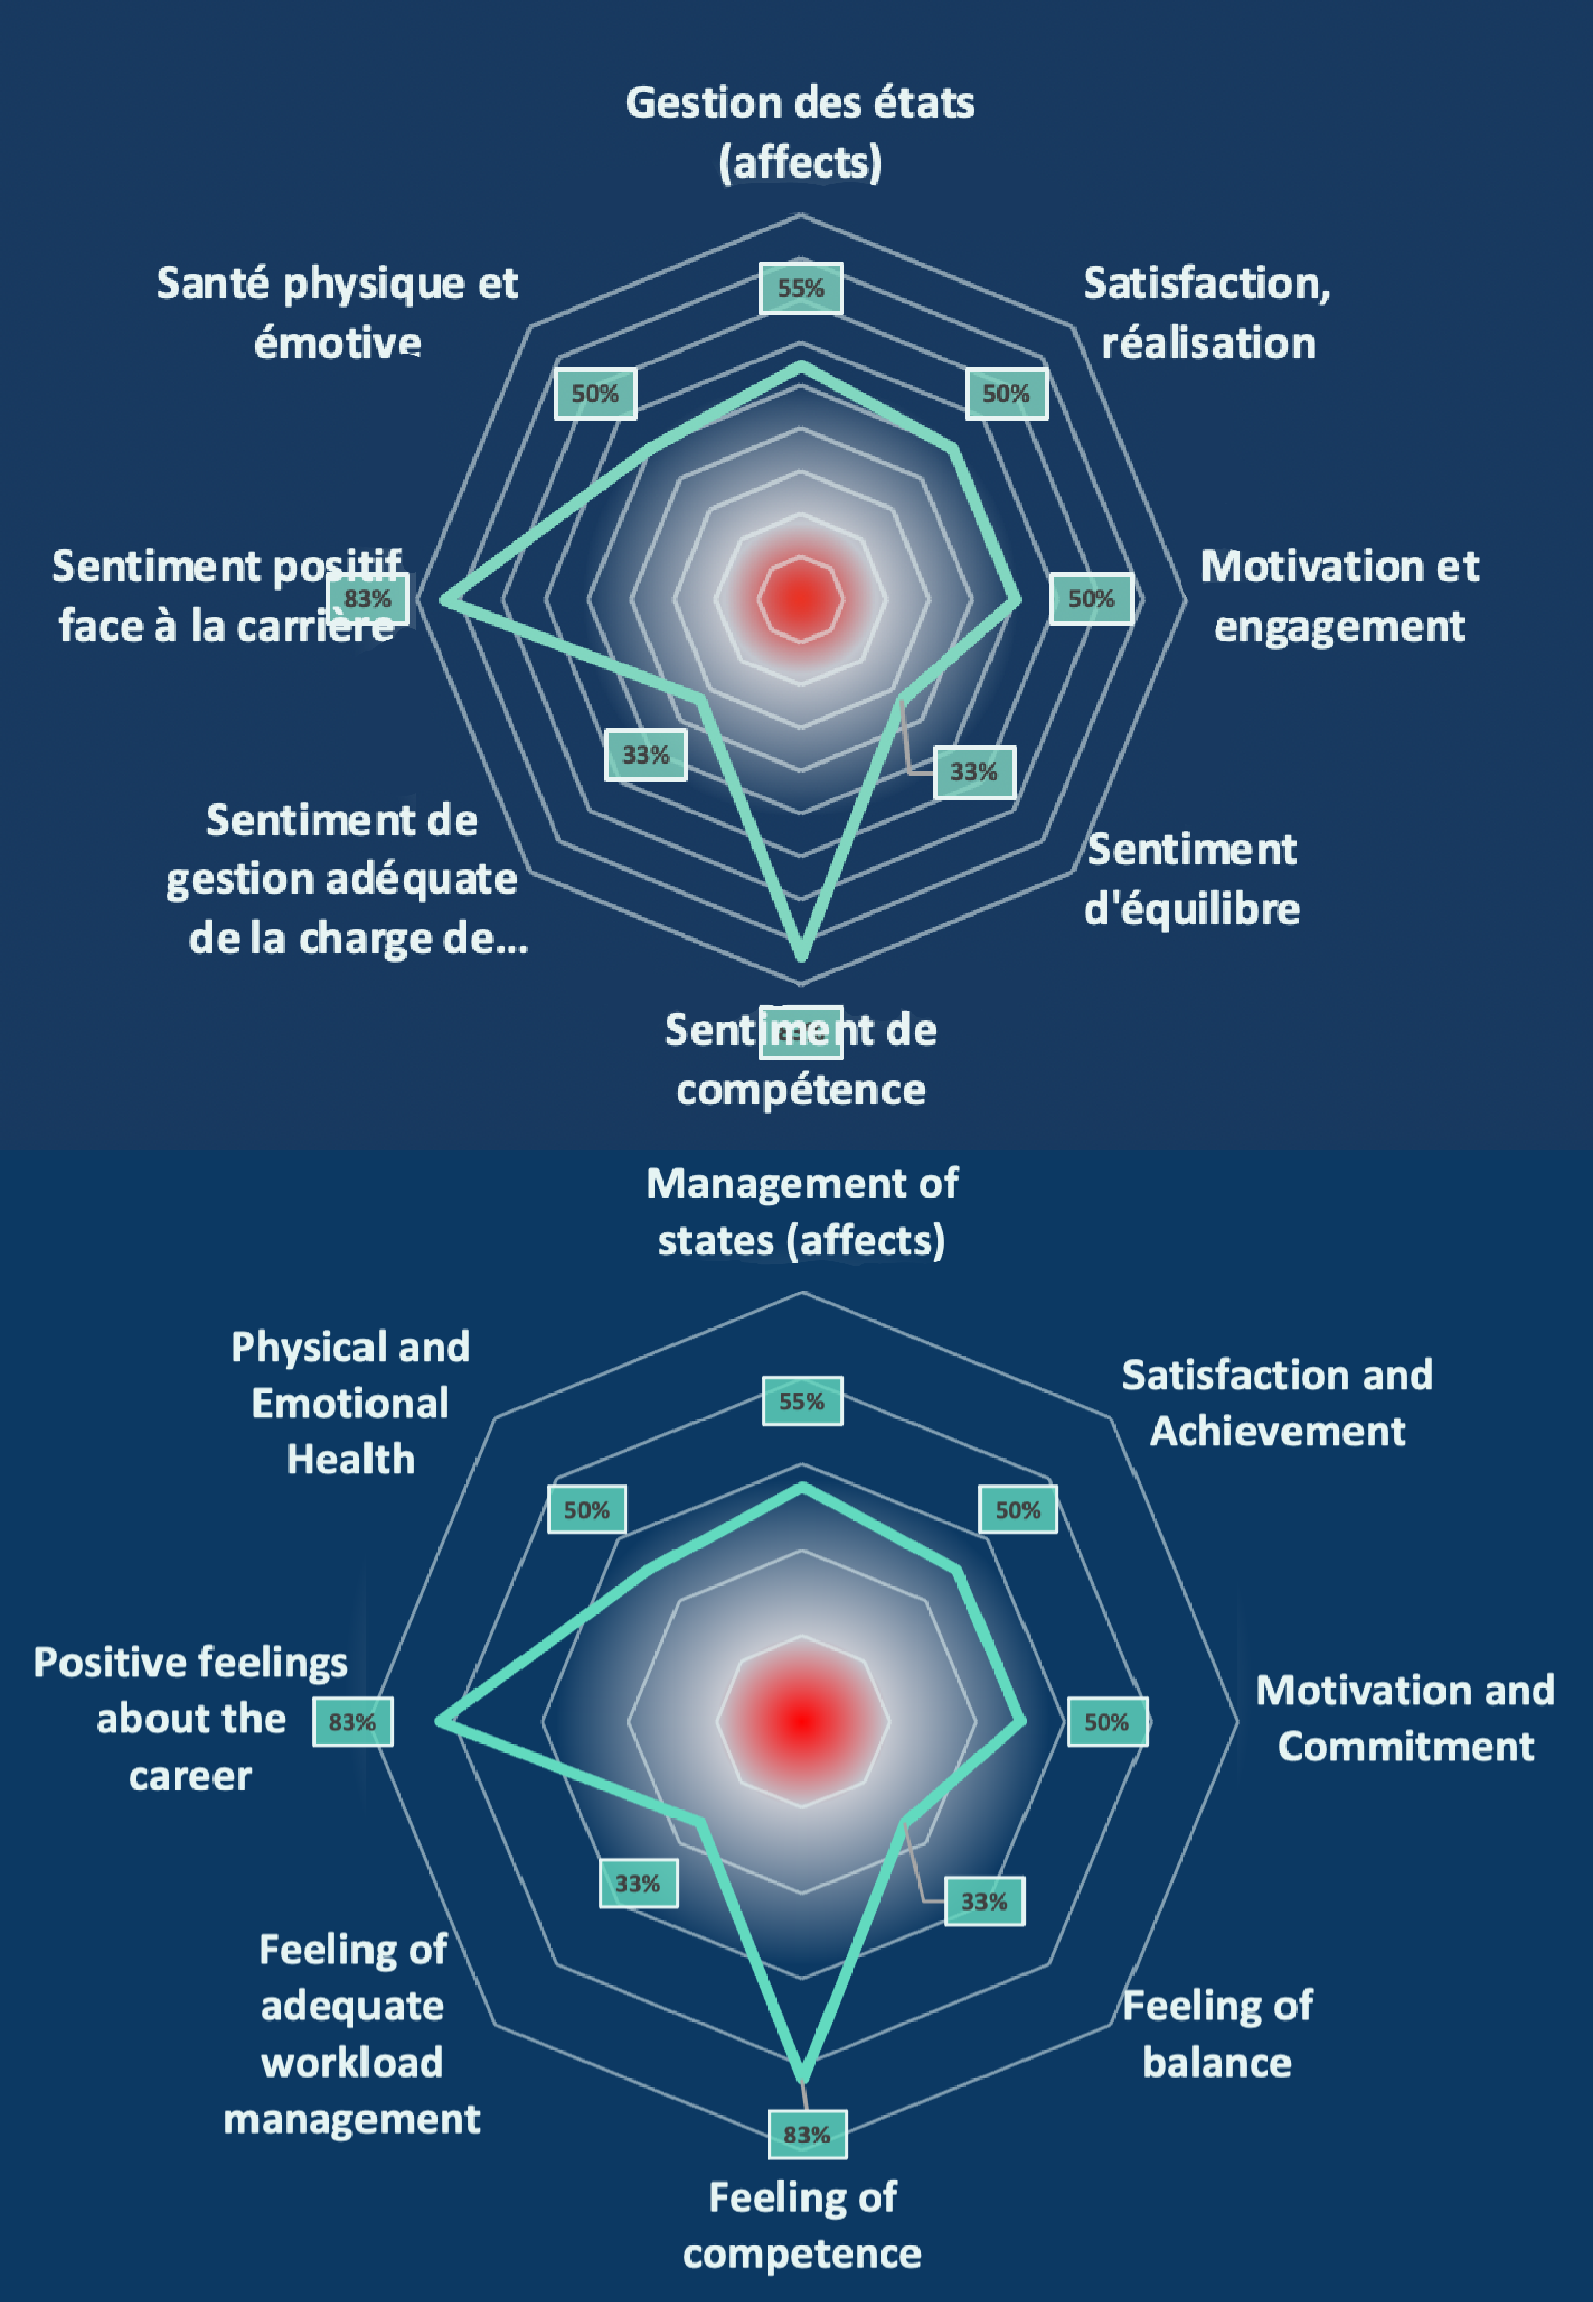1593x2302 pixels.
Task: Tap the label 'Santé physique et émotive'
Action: pos(337,312)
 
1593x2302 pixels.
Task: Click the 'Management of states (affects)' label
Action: pos(802,1212)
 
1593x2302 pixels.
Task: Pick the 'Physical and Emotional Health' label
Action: pos(350,1402)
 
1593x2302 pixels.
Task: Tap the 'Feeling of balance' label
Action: pos(1218,2033)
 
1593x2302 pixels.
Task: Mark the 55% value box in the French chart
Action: pos(800,289)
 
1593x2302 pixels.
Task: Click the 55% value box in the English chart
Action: pos(802,1401)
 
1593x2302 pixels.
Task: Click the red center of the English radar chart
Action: pos(802,1721)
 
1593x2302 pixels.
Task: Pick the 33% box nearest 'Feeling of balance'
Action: pos(984,1902)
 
